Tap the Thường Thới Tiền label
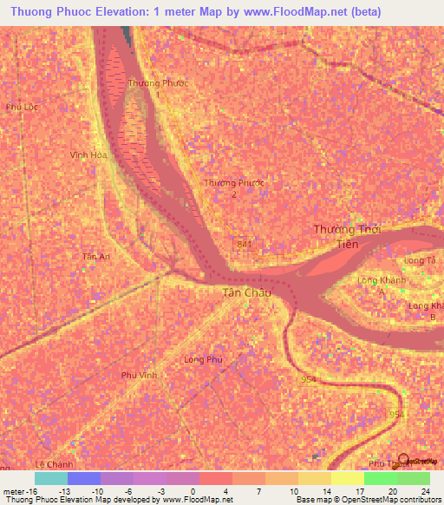coord(347,236)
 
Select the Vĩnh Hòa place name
coord(88,155)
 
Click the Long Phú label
coord(204,358)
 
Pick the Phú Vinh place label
coord(139,375)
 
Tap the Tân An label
coord(95,257)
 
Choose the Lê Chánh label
coord(53,465)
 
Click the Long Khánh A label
coord(383,286)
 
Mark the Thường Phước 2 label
coord(233,188)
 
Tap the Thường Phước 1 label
coord(158,88)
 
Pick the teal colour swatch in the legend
coord(51,478)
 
